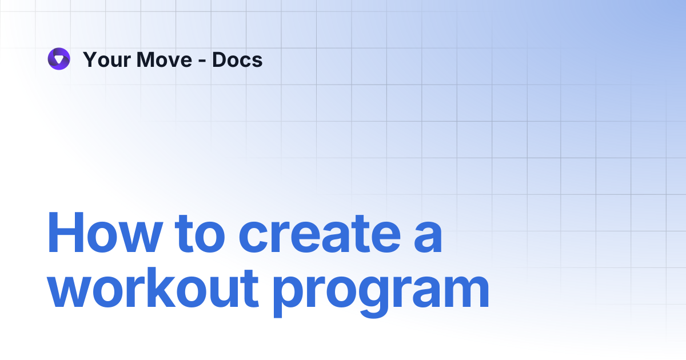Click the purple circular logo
tap(59, 59)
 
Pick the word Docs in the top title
tap(237, 59)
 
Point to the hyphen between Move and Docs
tap(202, 61)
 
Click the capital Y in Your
tap(90, 59)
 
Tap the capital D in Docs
tap(220, 59)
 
